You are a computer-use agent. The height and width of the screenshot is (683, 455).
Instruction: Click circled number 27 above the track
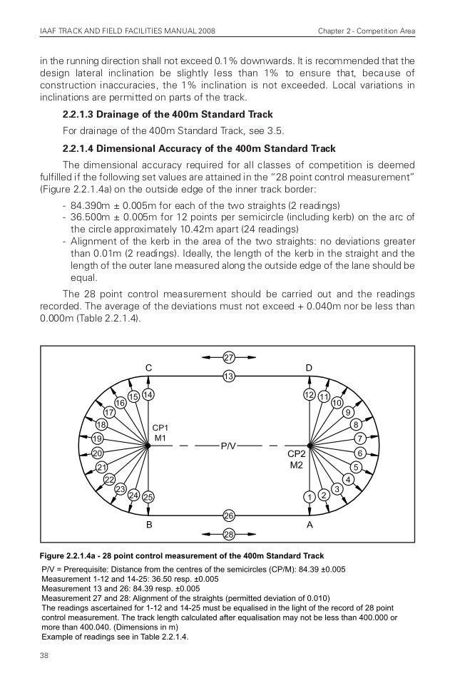click(x=229, y=356)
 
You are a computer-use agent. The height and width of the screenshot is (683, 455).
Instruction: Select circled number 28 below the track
click(x=229, y=534)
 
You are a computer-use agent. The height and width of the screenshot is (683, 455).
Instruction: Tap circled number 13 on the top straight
click(x=229, y=375)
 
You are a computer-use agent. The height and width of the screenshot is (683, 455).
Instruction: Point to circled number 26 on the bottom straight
click(x=229, y=515)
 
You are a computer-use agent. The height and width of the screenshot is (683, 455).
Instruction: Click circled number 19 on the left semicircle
click(x=97, y=438)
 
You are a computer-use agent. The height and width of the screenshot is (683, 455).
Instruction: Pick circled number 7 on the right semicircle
click(x=360, y=437)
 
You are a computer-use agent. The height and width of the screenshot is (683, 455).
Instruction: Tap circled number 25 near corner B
click(x=148, y=496)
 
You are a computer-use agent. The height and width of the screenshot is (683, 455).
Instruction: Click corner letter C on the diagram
click(x=148, y=367)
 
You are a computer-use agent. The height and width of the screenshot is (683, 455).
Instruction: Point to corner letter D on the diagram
click(x=309, y=367)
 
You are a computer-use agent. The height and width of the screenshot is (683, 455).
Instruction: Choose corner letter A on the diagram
click(x=310, y=523)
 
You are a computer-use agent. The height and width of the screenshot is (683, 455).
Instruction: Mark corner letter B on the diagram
click(x=149, y=523)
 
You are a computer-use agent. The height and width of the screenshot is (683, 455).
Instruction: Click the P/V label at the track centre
click(x=228, y=446)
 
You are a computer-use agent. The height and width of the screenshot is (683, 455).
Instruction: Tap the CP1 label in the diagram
click(x=160, y=427)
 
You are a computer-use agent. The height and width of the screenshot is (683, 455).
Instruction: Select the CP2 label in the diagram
click(x=296, y=453)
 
